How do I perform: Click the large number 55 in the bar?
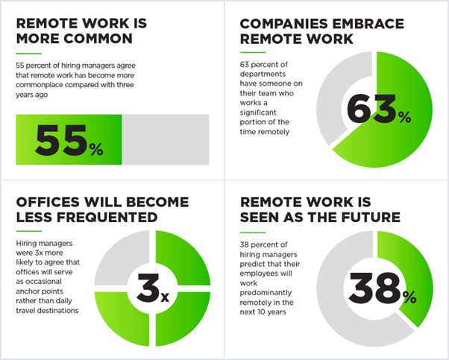[60, 140]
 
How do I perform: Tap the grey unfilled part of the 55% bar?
[166, 139]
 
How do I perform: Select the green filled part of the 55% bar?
[69, 139]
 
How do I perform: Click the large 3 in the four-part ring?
[148, 288]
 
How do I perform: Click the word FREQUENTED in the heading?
[107, 217]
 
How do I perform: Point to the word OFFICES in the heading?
[48, 202]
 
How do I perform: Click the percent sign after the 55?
[96, 149]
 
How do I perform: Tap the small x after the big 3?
[165, 297]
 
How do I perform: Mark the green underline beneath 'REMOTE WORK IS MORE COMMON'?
[28, 54]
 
